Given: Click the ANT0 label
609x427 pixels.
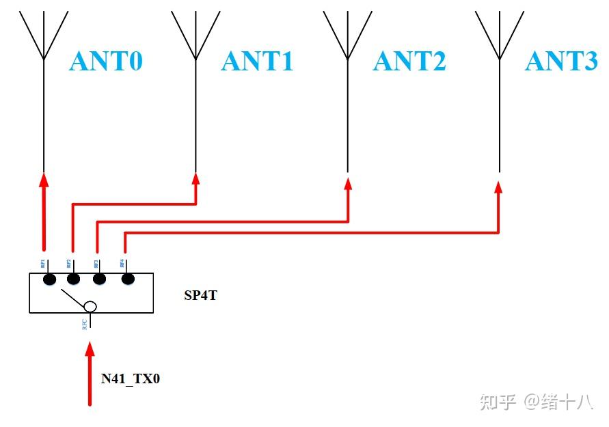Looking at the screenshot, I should [x=106, y=61].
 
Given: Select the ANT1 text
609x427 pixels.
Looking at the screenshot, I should [x=257, y=61].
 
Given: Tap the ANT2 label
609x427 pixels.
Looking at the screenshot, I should [x=409, y=61].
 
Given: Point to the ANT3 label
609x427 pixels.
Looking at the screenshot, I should [x=561, y=61].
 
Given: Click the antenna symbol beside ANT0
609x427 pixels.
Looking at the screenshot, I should [x=44, y=38].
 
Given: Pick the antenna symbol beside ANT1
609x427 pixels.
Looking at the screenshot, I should [x=196, y=38].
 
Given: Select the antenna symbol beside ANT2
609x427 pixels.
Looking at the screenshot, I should [x=348, y=38].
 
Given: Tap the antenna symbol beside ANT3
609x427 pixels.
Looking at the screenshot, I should [x=500, y=38].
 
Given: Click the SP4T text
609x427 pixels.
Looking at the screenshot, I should [x=200, y=296].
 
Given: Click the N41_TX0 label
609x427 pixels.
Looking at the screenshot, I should [x=131, y=378].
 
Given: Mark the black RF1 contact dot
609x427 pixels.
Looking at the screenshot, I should [x=49, y=279].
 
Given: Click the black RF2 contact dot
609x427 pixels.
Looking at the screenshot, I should [x=74, y=279].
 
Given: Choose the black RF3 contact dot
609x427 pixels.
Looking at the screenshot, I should [x=100, y=279].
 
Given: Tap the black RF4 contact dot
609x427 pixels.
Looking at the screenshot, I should [x=126, y=279].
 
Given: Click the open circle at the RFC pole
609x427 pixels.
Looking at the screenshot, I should [x=90, y=307].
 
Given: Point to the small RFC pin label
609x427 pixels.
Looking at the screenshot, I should [x=84, y=324].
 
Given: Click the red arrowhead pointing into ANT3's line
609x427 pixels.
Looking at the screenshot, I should [x=500, y=187].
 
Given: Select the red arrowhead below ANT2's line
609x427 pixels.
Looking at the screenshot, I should [x=348, y=183].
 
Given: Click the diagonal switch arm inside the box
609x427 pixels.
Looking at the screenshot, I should [x=72, y=297].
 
